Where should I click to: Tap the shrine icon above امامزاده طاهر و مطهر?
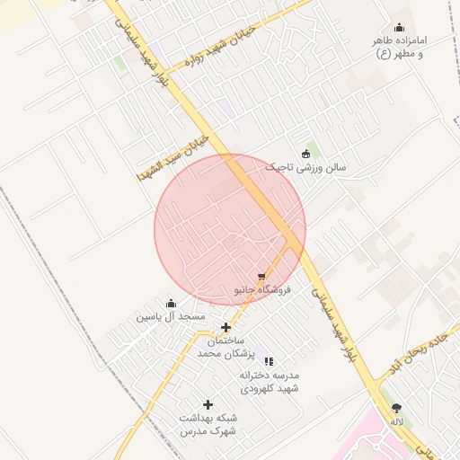pyautogui.click(x=399, y=28)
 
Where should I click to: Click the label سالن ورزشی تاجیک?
pyautogui.click(x=306, y=167)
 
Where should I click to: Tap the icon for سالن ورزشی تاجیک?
pyautogui.click(x=306, y=153)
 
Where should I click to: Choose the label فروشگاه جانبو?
pyautogui.click(x=261, y=291)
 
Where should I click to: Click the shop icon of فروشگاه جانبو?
pyautogui.click(x=261, y=278)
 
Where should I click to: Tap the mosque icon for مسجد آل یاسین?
pyautogui.click(x=171, y=304)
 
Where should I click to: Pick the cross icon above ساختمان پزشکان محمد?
pyautogui.click(x=226, y=327)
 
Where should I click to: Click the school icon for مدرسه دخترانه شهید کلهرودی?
pyautogui.click(x=270, y=361)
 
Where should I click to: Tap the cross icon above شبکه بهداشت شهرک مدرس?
pyautogui.click(x=208, y=405)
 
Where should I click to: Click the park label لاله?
pyautogui.click(x=396, y=421)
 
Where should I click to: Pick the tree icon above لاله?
pyautogui.click(x=396, y=408)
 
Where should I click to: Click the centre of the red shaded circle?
pyautogui.click(x=230, y=229)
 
